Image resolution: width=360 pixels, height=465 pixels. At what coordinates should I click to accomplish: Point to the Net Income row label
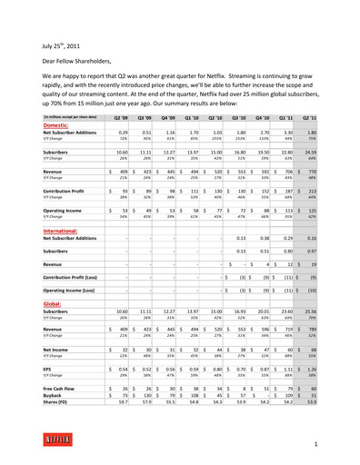pyautogui.click(x=37, y=350)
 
